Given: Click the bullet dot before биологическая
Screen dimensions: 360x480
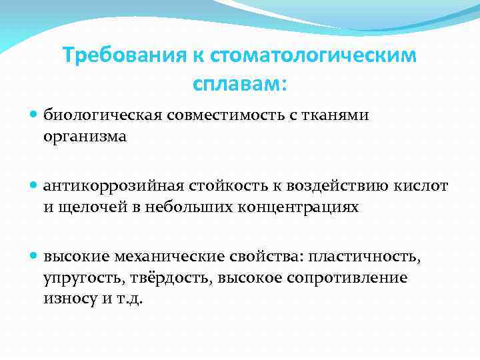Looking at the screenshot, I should click(35, 115).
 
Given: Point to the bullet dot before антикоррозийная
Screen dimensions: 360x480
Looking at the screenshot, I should click(35, 185).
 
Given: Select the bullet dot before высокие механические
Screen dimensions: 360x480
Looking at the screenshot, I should click(35, 255).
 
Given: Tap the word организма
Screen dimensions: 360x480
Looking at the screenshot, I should click(85, 137).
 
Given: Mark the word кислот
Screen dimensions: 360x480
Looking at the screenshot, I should click(421, 185).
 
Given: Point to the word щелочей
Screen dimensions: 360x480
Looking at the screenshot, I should click(91, 207).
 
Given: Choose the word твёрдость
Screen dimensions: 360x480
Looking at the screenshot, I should click(169, 277).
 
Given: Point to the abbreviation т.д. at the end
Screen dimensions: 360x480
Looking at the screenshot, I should click(132, 299).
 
